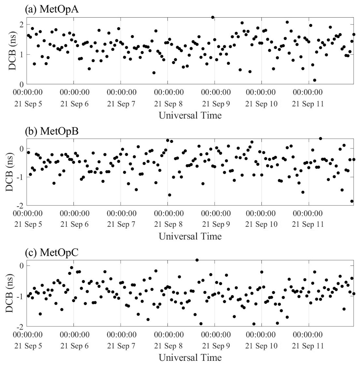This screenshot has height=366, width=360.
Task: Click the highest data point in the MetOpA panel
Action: point(213,17)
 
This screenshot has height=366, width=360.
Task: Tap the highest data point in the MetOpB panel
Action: point(320,138)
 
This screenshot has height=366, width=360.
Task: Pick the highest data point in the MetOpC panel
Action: point(197,260)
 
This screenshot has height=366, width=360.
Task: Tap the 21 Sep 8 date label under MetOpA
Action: point(168,104)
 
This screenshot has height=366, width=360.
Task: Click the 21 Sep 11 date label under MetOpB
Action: point(308,224)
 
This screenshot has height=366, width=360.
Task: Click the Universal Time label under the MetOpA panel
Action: point(190,115)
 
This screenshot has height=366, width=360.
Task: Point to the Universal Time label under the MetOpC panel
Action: point(190,358)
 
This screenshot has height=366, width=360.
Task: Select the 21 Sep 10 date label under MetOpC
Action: point(261,346)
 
